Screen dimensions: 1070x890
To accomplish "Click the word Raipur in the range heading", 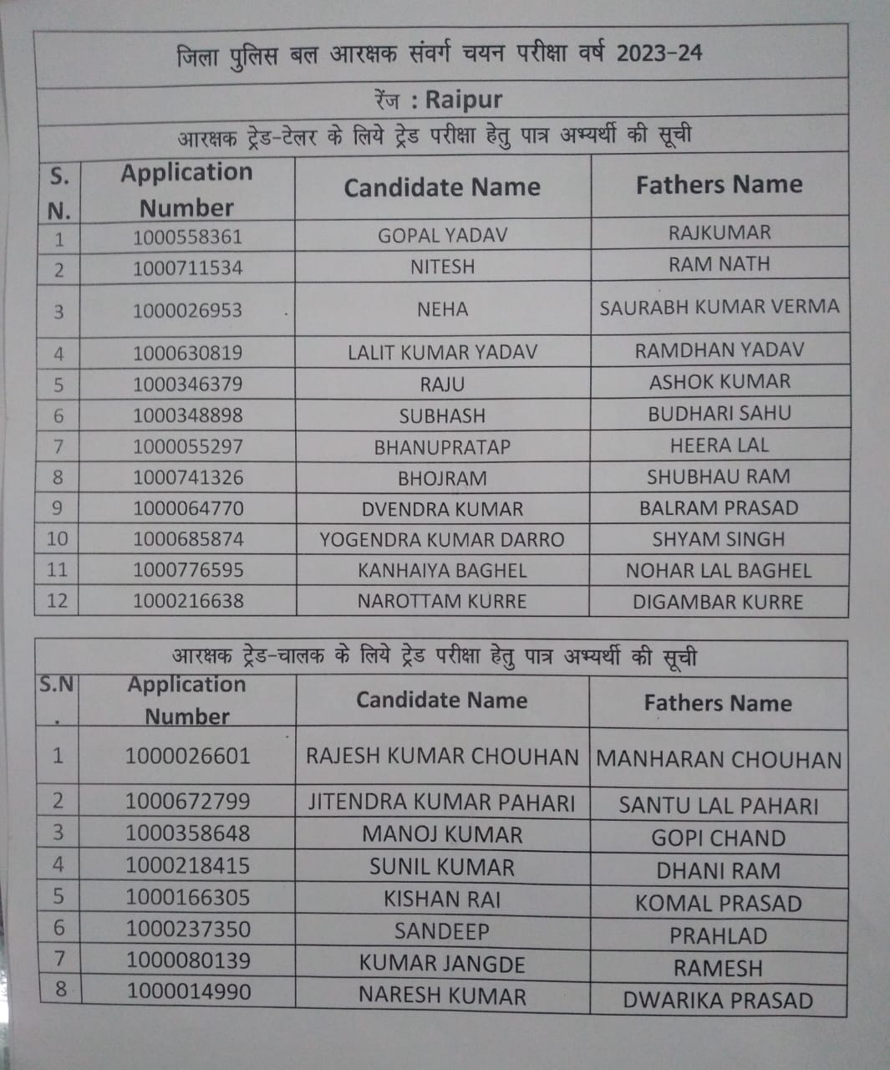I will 464,99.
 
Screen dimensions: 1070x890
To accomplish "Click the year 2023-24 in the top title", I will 659,53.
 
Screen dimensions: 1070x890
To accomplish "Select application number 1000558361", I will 187,237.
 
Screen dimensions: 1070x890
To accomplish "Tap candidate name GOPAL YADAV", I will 442,236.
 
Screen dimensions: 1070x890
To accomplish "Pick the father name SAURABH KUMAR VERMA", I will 719,307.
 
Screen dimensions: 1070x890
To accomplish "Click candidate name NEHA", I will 442,309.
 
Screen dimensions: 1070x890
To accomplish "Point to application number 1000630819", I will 187,353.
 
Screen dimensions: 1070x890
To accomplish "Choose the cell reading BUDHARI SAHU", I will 719,413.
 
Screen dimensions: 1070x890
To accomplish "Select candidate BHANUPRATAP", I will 442,447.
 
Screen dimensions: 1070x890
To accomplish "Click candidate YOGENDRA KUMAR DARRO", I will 442,540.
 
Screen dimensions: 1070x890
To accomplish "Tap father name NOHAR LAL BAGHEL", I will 719,571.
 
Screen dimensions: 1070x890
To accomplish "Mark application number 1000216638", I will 188,601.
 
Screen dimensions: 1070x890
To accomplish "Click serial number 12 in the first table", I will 57,601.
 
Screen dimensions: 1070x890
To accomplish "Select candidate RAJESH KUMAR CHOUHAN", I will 442,757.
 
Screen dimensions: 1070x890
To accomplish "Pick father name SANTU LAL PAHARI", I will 718,806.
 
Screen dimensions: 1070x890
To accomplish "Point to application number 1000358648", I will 187,833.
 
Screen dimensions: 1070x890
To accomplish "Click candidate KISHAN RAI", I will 442,899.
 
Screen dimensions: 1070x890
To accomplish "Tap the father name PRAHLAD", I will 718,936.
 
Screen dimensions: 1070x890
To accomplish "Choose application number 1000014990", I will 188,992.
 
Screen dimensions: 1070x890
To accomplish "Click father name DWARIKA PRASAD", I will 718,1001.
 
